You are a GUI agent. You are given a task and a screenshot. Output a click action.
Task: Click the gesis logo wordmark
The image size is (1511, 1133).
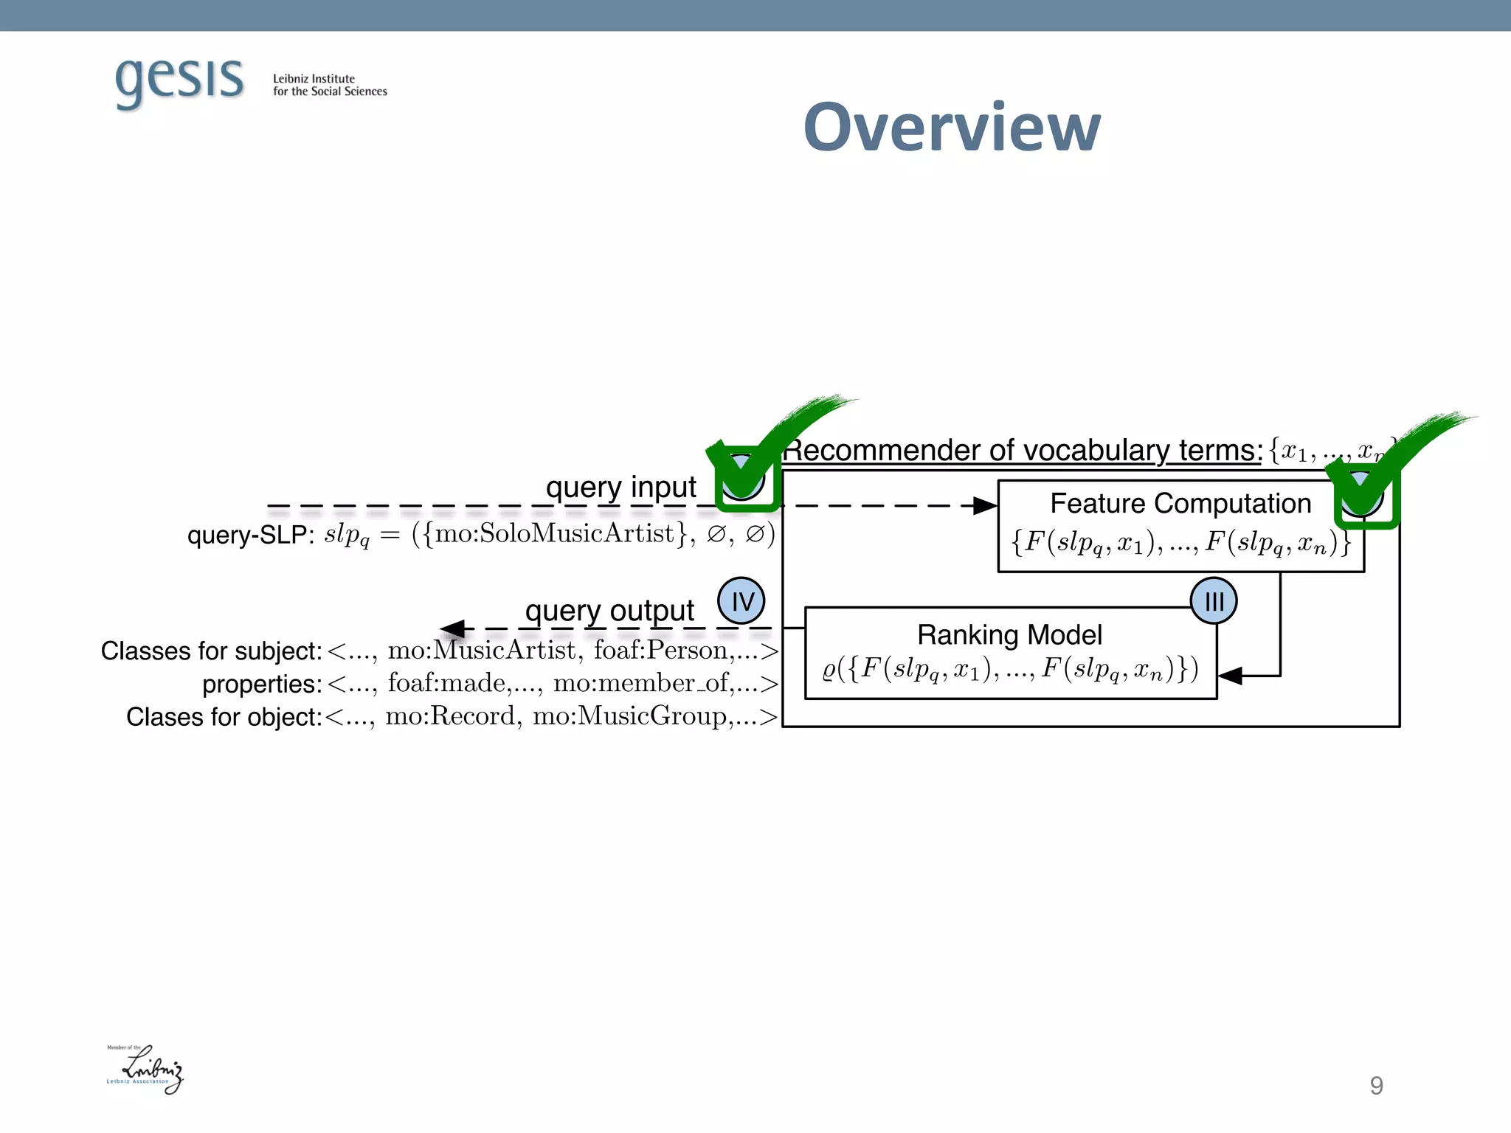tap(179, 80)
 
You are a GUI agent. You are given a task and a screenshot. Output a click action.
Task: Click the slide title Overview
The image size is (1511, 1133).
tap(952, 128)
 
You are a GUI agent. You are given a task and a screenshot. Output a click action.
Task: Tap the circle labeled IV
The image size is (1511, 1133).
tap(741, 601)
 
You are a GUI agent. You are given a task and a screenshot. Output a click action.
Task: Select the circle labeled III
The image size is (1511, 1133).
tap(1214, 602)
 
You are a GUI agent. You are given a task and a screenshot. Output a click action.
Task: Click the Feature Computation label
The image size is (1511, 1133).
tap(1180, 504)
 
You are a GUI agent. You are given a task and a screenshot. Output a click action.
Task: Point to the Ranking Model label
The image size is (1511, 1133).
tap(1009, 635)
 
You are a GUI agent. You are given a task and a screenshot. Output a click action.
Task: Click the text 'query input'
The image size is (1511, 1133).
tap(620, 487)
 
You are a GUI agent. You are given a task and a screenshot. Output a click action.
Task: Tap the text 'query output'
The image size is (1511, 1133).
tap(609, 611)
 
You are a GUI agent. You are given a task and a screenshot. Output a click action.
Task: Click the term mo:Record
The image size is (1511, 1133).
tap(450, 716)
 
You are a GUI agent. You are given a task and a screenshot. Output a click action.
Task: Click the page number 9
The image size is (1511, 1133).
tap(1376, 1086)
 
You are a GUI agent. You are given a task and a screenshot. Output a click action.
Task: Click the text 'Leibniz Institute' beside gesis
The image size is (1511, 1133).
tap(314, 79)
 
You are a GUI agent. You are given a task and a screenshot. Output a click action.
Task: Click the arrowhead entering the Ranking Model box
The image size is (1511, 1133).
tap(1230, 676)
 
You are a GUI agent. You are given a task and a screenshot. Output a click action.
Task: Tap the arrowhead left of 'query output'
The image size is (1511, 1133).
tap(453, 628)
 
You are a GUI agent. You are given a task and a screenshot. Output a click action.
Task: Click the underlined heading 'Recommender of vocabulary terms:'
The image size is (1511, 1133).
tap(1023, 450)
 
